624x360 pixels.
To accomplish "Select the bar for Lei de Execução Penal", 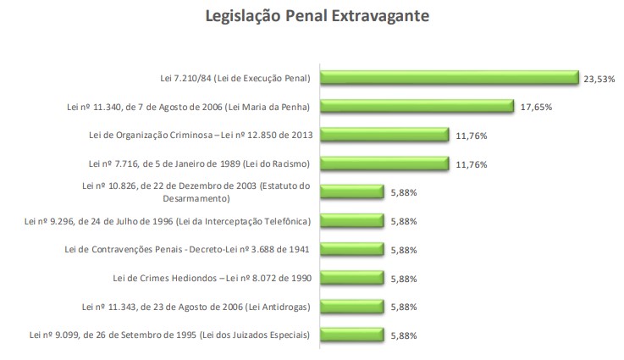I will [449, 78].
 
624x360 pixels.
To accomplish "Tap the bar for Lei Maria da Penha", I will [417, 107].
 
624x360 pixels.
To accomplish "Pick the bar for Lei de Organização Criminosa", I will [384, 135].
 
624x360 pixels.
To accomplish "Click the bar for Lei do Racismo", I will [384, 163].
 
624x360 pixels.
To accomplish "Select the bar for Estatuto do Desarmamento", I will [351, 192].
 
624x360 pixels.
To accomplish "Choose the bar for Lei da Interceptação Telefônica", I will [351, 221].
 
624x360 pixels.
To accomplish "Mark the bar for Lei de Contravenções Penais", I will [351, 250].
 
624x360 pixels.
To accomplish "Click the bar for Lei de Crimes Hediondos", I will [351, 278].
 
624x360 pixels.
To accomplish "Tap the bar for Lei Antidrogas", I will [351, 307].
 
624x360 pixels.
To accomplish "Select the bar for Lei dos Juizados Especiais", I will [351, 335].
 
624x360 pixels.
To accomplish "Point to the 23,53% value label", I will [599, 79].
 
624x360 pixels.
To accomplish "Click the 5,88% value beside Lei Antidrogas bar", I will [403, 307].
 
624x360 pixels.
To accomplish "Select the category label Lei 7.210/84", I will [235, 79].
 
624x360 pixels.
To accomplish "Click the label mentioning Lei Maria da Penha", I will [188, 108].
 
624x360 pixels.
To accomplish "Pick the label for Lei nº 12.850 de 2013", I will [200, 136].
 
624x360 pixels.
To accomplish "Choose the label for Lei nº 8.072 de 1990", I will [212, 279].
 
